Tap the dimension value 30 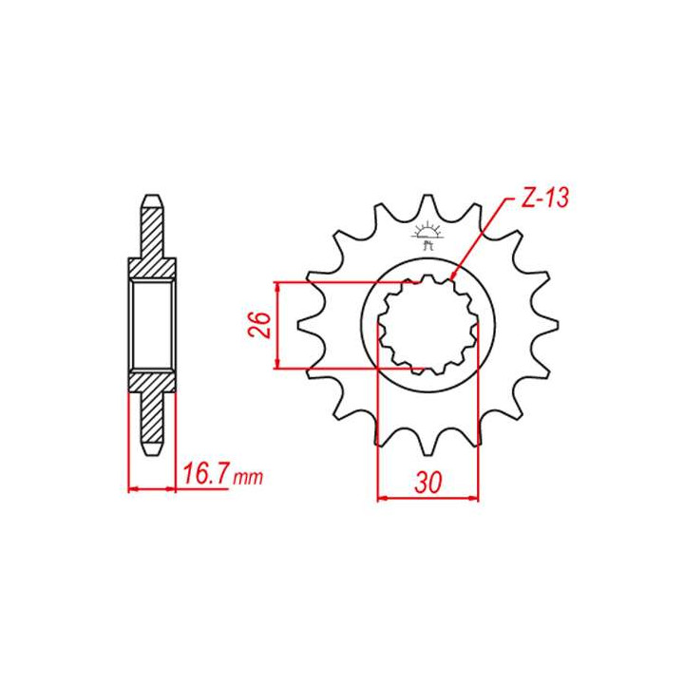tap(427, 482)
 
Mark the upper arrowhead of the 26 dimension tap(276, 286)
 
